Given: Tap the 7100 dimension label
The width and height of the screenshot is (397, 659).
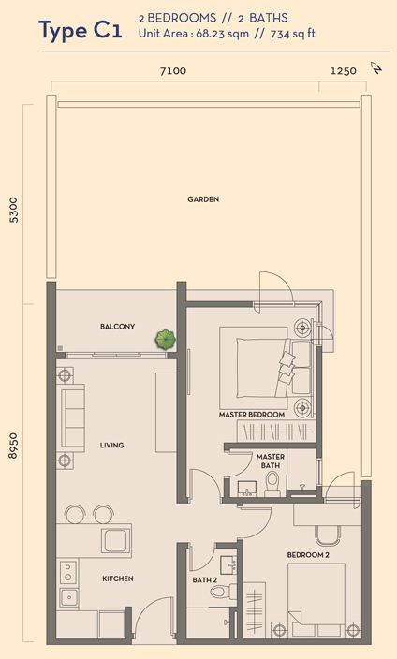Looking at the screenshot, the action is tap(173, 71).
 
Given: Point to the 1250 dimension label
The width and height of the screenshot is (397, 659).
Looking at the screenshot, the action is tap(344, 71).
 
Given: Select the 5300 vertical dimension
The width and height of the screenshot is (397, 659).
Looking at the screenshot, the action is tap(14, 210).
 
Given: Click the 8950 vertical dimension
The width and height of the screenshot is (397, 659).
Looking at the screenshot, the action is tap(14, 446).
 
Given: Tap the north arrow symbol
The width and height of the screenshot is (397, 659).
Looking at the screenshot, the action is tap(376, 67).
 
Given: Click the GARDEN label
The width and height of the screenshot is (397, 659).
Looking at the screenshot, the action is tap(203, 199).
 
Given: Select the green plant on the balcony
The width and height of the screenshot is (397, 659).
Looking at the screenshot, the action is tap(166, 340).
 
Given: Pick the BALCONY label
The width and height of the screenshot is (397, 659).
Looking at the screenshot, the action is tap(117, 326).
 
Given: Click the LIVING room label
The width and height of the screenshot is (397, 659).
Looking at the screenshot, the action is tap(111, 445).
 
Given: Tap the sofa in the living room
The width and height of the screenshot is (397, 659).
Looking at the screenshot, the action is tap(73, 417).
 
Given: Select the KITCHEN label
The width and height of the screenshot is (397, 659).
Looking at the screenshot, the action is tap(118, 578).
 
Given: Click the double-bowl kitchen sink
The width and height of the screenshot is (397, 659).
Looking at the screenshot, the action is tap(68, 583).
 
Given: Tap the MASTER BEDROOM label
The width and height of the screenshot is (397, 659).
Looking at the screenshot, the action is tap(252, 415).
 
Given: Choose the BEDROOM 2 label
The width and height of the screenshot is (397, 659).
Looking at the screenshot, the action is tap(308, 555).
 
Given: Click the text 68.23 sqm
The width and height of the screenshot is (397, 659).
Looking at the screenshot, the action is tap(223, 34).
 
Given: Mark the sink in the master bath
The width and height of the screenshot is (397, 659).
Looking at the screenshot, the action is tap(247, 489).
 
